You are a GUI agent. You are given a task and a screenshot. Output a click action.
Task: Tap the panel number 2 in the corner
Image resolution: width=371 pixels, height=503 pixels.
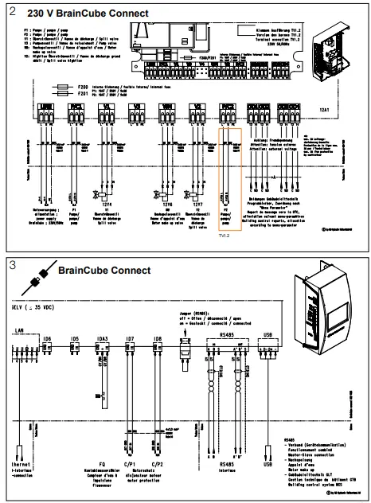[x=10, y=13]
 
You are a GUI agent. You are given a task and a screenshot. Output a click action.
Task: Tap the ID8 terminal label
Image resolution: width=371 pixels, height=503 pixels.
[x=157, y=338]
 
